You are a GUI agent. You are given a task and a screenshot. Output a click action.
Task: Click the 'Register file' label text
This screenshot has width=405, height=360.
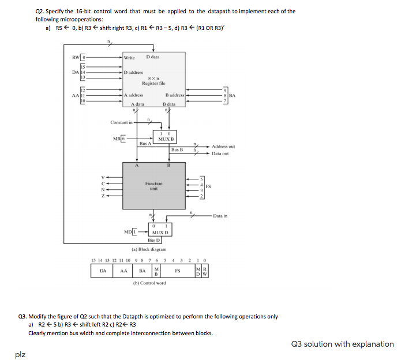pyautogui.click(x=153, y=84)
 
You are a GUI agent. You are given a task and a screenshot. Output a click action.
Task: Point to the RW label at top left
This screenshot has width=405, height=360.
pyautogui.click(x=75, y=57)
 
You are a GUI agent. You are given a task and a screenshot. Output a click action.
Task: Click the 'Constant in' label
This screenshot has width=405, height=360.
pyautogui.click(x=121, y=122)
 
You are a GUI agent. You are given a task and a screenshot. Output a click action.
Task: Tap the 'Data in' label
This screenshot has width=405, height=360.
pyautogui.click(x=220, y=215)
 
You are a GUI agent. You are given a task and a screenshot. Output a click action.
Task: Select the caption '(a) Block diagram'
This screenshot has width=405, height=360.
pyautogui.click(x=149, y=250)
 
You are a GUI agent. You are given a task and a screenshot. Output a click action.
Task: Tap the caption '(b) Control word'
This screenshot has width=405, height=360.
pyautogui.click(x=149, y=283)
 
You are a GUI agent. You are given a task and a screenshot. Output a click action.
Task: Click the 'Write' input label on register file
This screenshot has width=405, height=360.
pyautogui.click(x=130, y=57)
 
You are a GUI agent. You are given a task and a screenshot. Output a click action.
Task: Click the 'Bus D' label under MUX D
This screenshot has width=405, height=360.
pyautogui.click(x=153, y=239)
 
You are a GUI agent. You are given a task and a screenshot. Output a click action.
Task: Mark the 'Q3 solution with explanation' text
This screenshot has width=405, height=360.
pyautogui.click(x=343, y=344)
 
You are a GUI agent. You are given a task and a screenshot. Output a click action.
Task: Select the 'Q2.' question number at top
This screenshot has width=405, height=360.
pyautogui.click(x=40, y=11)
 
